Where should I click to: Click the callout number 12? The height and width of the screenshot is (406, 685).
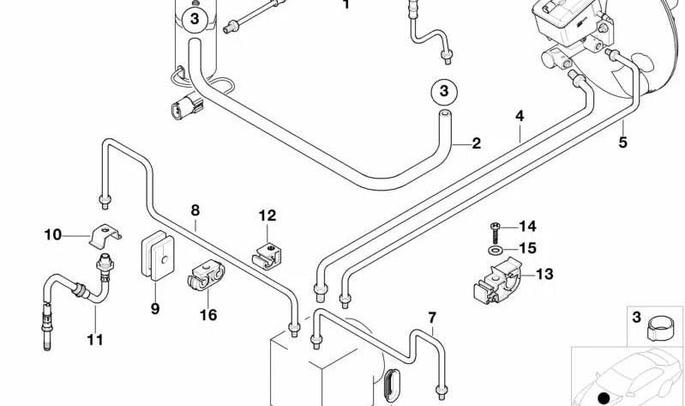267,215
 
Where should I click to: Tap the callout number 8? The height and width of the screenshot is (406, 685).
195,209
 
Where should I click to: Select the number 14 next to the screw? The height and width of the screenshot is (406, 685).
526,227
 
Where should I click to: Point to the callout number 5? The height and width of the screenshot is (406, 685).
520,116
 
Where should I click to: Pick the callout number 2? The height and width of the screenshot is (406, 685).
476,143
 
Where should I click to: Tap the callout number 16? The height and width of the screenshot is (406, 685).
208,315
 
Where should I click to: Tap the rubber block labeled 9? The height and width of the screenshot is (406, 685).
155,257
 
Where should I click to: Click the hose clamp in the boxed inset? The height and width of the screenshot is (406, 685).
658,327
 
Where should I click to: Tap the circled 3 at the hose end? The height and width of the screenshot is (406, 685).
443,90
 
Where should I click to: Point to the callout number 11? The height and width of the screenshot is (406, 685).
94,340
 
